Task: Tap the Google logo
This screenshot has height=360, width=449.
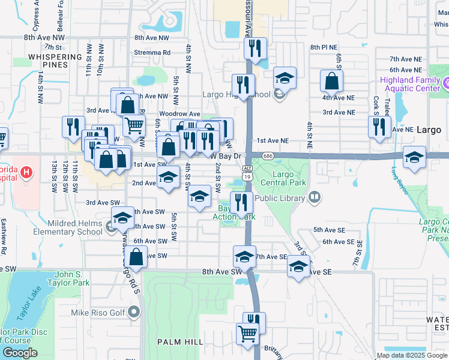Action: [x=20, y=353]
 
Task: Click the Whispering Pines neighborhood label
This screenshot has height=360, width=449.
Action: [x=55, y=61]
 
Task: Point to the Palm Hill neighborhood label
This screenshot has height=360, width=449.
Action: [x=177, y=341]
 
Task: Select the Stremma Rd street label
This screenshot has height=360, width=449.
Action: [x=153, y=52]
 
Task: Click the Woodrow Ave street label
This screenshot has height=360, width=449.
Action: [x=179, y=113]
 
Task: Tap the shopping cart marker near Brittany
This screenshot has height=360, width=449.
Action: [x=247, y=333]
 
